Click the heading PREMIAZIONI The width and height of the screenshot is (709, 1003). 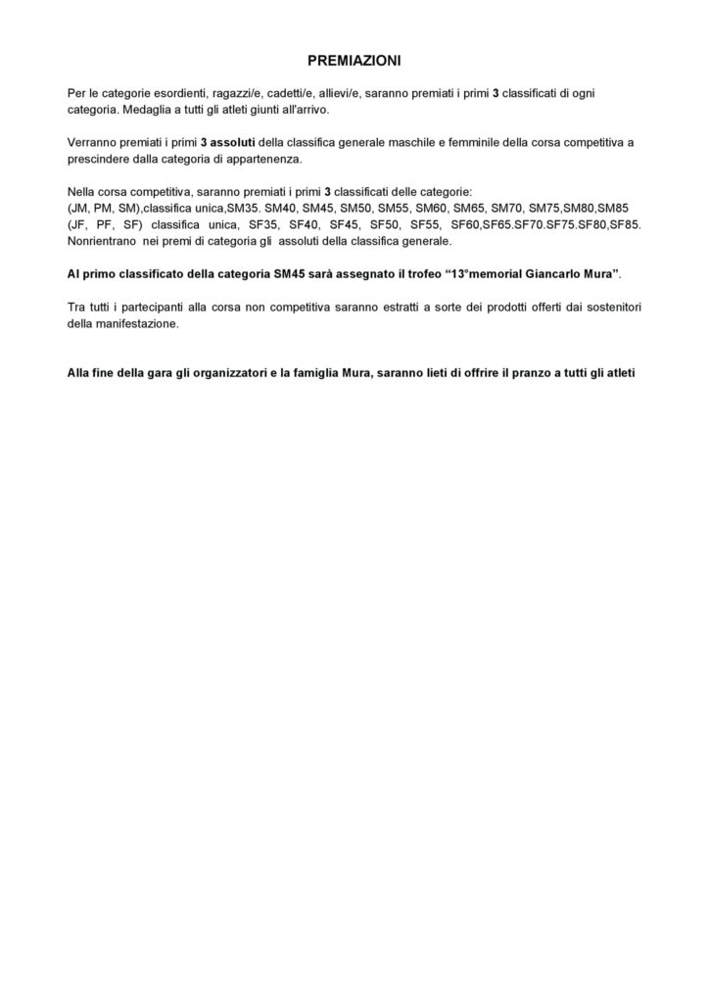point(354,60)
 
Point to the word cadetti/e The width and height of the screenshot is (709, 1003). point(292,92)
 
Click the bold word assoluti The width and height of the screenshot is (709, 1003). point(227,142)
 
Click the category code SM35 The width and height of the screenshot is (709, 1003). point(242,209)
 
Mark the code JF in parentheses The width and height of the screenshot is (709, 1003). point(79,224)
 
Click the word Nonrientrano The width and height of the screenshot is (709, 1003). point(105,241)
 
